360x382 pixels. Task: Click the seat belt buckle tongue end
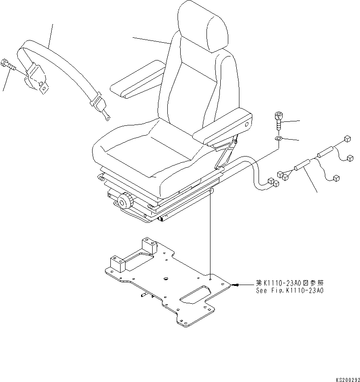107,117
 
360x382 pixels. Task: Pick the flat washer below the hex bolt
278,139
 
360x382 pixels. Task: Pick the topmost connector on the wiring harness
348,141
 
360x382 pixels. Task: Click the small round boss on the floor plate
166,278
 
